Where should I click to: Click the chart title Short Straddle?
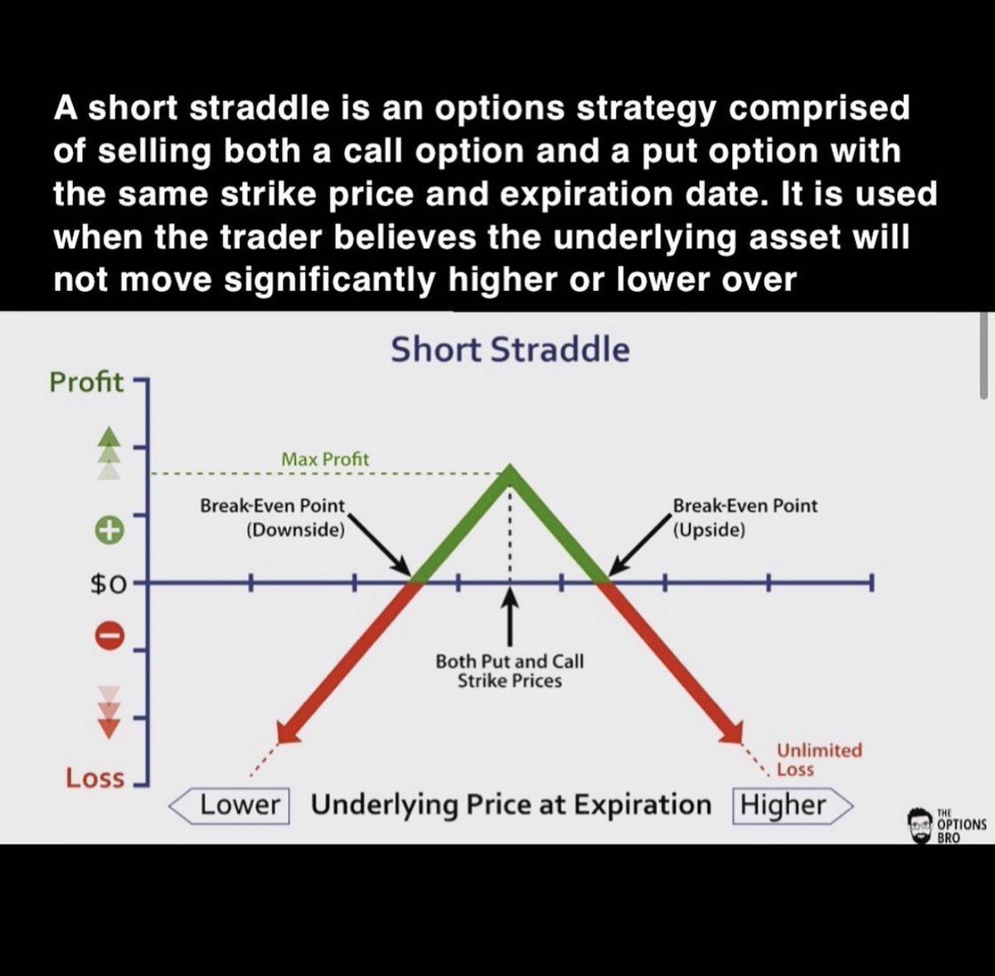click(510, 350)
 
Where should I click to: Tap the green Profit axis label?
click(86, 382)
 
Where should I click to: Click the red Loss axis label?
click(95, 778)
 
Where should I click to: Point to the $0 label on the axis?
click(108, 585)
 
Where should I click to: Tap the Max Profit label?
click(325, 459)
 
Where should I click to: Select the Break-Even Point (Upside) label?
click(744, 517)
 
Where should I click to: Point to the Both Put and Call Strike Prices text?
click(509, 671)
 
